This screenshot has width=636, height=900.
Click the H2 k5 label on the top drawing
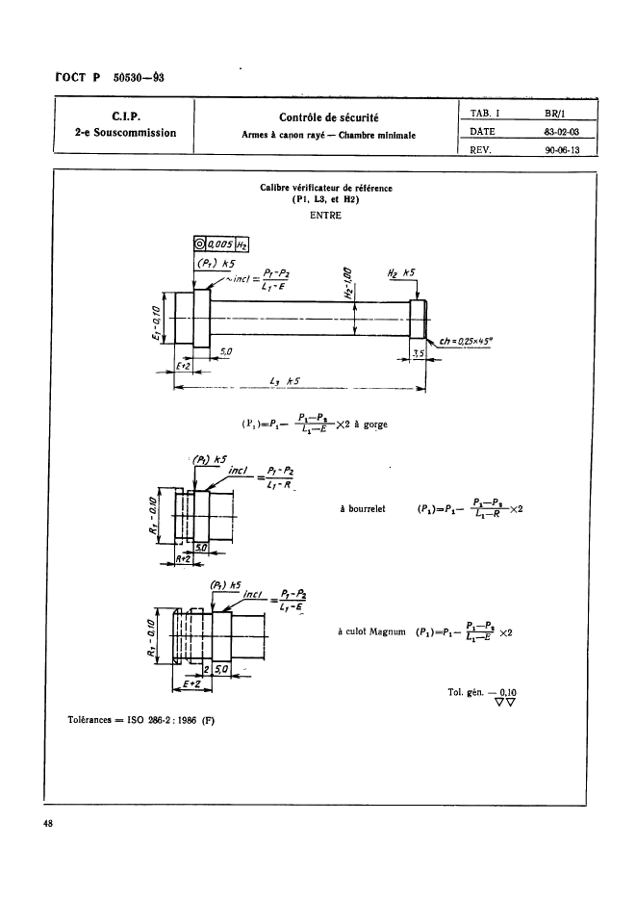(398, 273)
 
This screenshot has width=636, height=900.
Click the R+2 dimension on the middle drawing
(184, 558)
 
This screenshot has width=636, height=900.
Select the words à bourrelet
(363, 509)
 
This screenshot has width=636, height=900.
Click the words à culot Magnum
(369, 631)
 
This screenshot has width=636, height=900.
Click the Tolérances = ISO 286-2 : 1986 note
(140, 718)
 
